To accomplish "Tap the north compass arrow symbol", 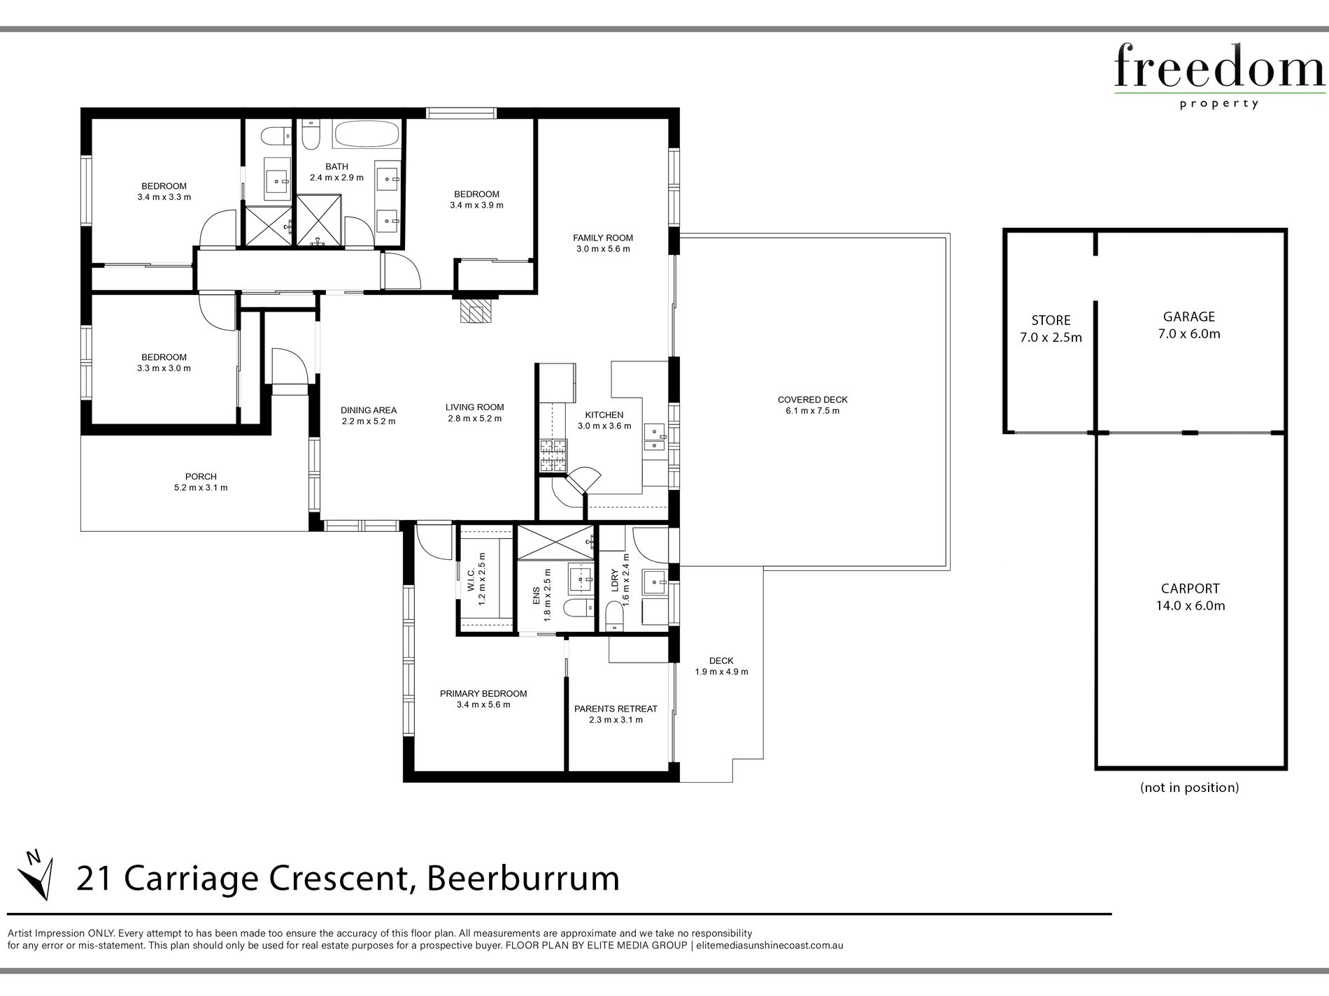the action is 35,875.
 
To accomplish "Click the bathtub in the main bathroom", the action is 367,133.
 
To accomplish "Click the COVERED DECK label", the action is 812,400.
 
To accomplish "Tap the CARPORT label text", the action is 1191,589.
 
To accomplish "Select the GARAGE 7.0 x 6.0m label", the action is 1189,325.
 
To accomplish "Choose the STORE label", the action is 1051,320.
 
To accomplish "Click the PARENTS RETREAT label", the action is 616,709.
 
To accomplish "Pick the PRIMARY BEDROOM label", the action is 483,693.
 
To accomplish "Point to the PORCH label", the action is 201,477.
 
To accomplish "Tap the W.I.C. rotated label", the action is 471,581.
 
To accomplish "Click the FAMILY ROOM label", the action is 603,238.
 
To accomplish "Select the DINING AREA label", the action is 369,410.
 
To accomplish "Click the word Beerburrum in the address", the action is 523,879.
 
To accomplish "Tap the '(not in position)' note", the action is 1189,787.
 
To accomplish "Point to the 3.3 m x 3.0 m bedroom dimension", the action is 164,368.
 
